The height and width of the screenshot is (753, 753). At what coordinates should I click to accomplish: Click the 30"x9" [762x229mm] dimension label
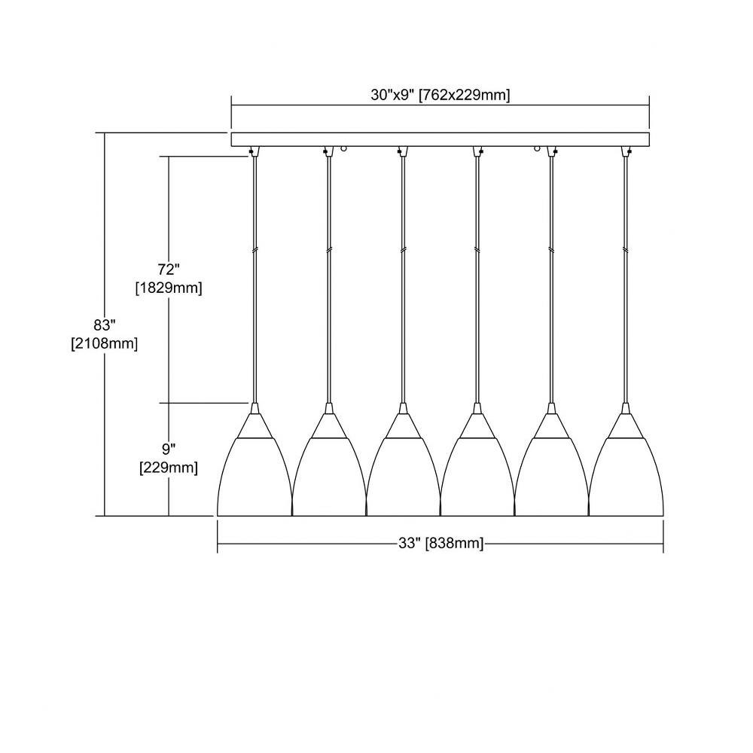[x=440, y=95]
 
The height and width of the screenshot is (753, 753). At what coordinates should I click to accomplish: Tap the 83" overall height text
[x=105, y=325]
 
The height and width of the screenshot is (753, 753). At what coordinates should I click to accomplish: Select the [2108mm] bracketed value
[x=104, y=344]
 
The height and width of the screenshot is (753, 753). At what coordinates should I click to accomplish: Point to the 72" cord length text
[x=169, y=270]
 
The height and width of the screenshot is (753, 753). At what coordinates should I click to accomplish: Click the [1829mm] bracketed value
[x=169, y=288]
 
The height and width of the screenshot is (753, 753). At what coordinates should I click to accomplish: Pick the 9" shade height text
[x=169, y=450]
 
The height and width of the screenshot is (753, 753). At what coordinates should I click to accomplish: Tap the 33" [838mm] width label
[x=441, y=543]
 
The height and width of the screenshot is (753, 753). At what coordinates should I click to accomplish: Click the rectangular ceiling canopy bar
[x=441, y=139]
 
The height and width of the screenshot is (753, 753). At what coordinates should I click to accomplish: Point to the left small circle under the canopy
[x=343, y=149]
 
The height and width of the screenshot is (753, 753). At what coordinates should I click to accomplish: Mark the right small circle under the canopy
[x=538, y=149]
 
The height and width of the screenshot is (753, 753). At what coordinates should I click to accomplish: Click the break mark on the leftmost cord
[x=255, y=250]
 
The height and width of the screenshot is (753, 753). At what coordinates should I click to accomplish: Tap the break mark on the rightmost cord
[x=626, y=250]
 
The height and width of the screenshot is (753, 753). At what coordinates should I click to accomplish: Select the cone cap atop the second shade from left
[x=329, y=424]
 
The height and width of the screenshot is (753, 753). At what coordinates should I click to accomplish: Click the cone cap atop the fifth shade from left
[x=552, y=424]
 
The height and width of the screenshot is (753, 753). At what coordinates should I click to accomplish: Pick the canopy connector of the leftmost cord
[x=255, y=151]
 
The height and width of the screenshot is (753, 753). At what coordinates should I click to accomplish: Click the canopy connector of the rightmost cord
[x=626, y=151]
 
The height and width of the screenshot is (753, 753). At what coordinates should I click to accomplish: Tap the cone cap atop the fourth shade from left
[x=477, y=424]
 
